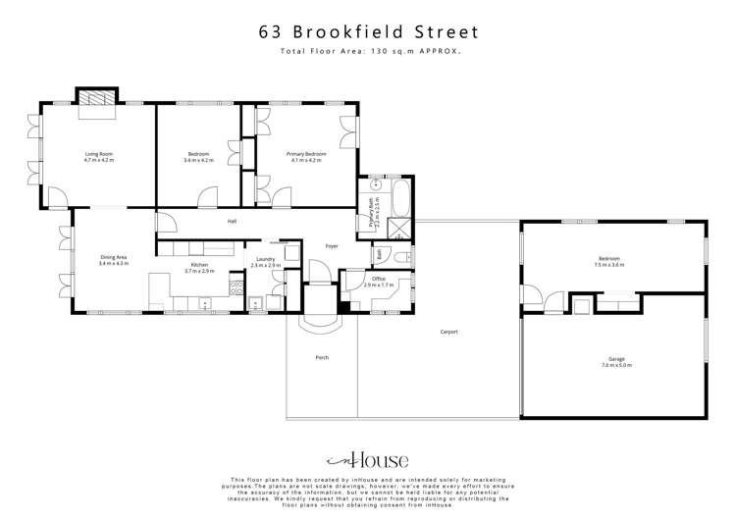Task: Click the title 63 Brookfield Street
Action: tap(367, 30)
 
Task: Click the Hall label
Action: tap(233, 222)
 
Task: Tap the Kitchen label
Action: tap(199, 266)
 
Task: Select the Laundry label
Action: tap(266, 262)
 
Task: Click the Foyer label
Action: tap(332, 245)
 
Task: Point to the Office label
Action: tap(378, 282)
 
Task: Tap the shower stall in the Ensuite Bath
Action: tap(399, 230)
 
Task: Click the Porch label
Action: tap(322, 357)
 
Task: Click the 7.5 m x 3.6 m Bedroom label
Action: tap(611, 262)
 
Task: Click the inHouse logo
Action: tap(367, 459)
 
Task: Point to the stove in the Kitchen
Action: tap(235, 286)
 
